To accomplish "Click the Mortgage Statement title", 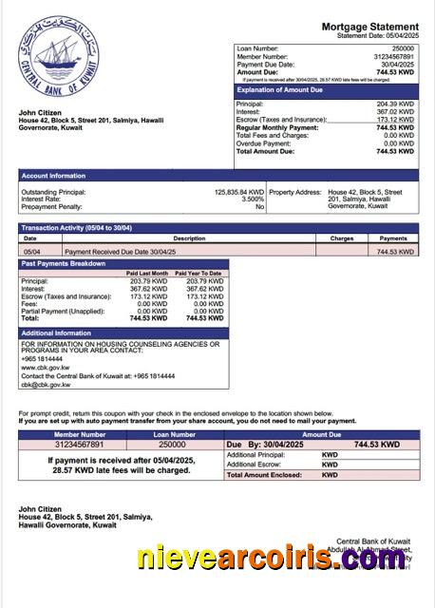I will (x=369, y=27).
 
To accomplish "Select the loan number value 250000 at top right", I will (x=403, y=47).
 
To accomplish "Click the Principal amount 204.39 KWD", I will (x=395, y=104).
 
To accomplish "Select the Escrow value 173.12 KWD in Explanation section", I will (x=395, y=120).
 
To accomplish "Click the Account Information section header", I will (x=53, y=176).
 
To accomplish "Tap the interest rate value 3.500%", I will (x=253, y=199).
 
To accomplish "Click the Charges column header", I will (x=342, y=238).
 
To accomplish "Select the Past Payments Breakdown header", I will (x=63, y=263).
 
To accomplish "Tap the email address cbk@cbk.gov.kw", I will (x=47, y=385).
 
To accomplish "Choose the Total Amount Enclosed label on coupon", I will (x=269, y=474).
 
